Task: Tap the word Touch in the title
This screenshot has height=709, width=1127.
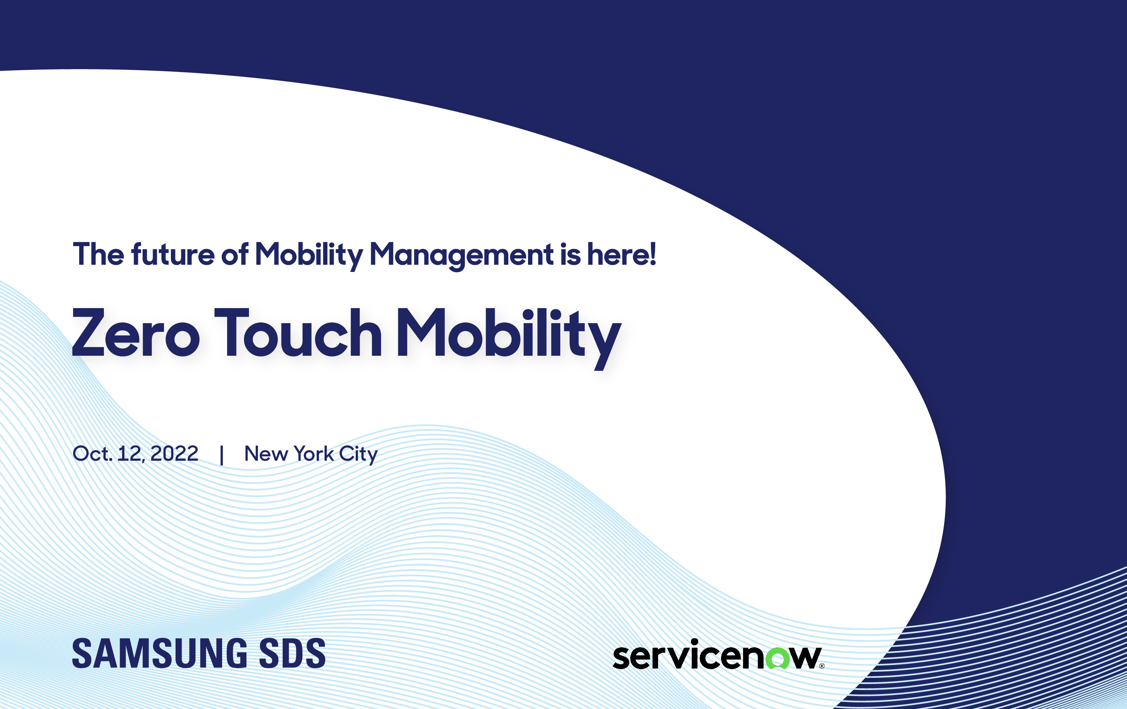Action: click(x=298, y=332)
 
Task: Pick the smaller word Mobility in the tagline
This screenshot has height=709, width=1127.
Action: click(x=309, y=256)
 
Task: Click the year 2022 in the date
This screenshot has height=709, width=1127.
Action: click(x=174, y=454)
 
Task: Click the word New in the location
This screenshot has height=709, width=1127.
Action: click(x=266, y=454)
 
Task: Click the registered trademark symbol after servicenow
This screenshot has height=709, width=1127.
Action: click(x=822, y=666)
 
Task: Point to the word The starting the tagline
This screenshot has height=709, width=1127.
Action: click(x=98, y=254)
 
